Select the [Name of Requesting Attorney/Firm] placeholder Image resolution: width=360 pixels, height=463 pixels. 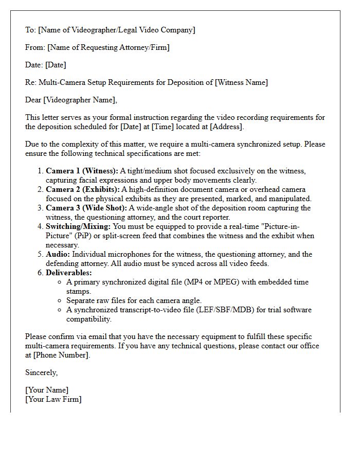pyautogui.click(x=108, y=47)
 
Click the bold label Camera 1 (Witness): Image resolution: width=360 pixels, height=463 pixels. pyautogui.click(x=82, y=171)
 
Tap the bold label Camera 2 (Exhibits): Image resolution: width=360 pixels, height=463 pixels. pyautogui.click(x=83, y=189)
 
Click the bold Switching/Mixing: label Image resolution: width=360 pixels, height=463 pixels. pyautogui.click(x=78, y=226)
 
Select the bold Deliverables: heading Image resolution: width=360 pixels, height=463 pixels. pyautogui.click(x=69, y=273)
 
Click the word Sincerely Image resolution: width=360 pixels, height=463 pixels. pyautogui.click(x=41, y=372)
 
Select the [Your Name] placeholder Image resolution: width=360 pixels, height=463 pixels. pyautogui.click(x=47, y=390)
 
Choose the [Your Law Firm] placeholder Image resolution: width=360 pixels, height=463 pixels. pyautogui.click(x=53, y=399)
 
